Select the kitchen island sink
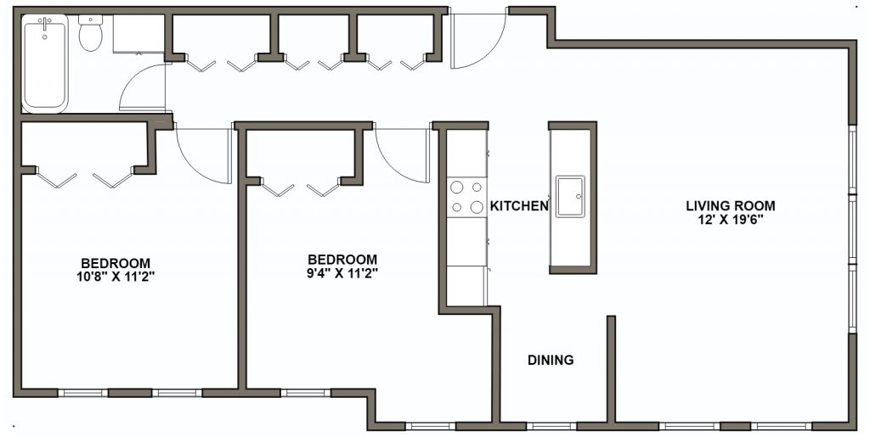tap(570, 197)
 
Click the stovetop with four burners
tap(466, 197)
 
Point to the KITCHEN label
tap(519, 206)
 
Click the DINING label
tap(551, 360)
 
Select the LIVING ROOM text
tap(731, 205)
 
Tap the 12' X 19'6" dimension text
tap(731, 220)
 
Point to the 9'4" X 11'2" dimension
tap(342, 273)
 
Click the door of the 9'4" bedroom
tap(402, 154)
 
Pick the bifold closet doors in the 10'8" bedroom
tap(85, 179)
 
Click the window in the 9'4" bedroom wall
tap(305, 393)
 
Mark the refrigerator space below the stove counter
tap(466, 285)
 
